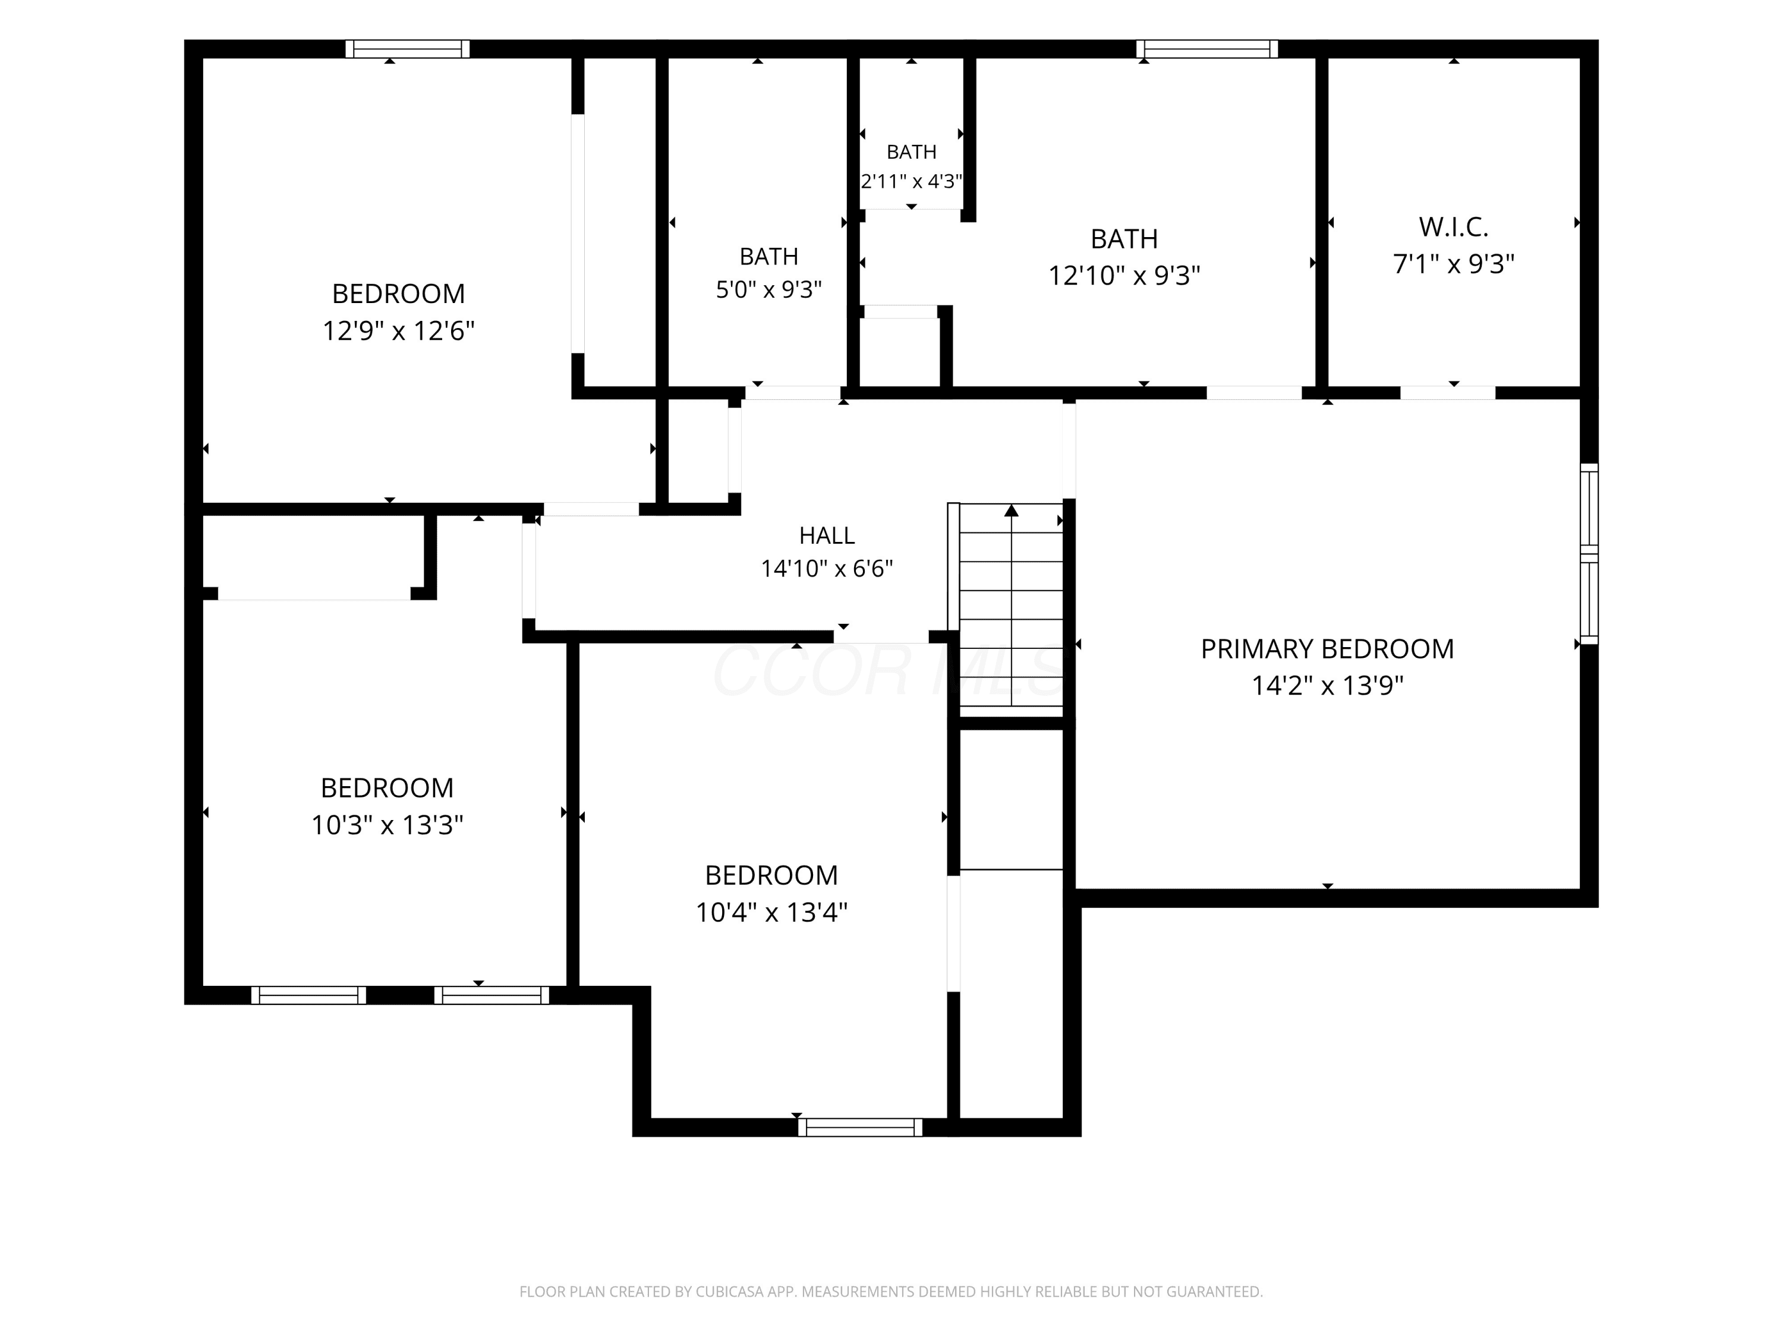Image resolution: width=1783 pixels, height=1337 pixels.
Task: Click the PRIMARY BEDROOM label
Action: (1327, 649)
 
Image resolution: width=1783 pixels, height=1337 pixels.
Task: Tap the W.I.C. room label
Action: (1453, 227)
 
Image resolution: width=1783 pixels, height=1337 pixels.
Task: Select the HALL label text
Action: (827, 535)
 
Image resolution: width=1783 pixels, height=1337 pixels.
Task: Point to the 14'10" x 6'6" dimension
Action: (827, 569)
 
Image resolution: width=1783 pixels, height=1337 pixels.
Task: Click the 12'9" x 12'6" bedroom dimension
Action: (398, 331)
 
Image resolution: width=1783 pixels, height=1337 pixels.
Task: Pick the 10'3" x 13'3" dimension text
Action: (387, 825)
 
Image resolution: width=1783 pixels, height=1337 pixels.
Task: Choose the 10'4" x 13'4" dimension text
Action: (771, 912)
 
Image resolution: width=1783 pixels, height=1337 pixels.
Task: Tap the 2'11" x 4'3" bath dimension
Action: (912, 181)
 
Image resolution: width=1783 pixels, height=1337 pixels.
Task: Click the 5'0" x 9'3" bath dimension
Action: (769, 289)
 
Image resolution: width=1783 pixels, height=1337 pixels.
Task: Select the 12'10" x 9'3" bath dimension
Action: (1124, 276)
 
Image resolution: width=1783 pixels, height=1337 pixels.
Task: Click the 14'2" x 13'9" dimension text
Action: (1327, 686)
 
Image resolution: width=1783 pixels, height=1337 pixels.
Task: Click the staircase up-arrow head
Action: (1012, 510)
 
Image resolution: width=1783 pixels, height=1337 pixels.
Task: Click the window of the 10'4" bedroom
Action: (860, 1127)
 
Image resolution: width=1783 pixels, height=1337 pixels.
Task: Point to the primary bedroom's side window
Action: (1589, 554)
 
